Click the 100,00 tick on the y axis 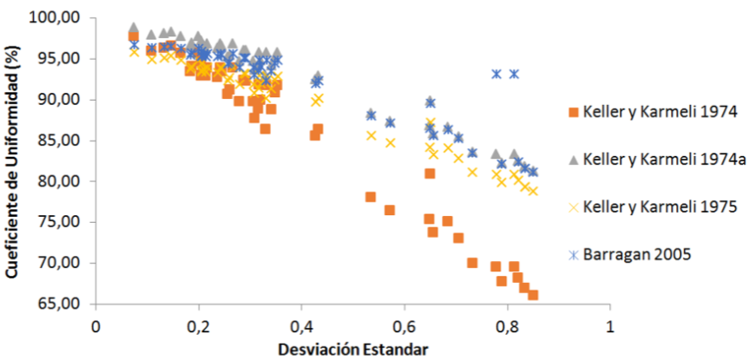[57, 17]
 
